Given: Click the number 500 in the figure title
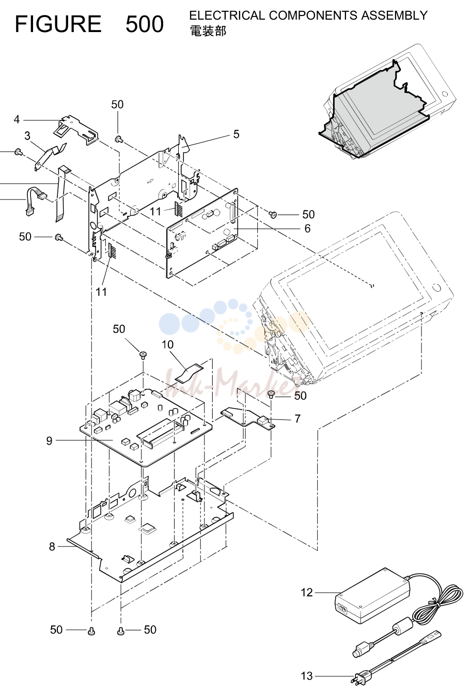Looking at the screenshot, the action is (145, 24).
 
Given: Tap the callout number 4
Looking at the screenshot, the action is (17, 119).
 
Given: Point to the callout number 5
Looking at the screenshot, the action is (236, 134).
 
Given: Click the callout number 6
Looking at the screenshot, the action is (307, 229).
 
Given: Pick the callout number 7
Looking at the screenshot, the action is (297, 419).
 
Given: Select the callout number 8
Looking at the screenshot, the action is (52, 547).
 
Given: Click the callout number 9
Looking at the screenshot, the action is (49, 441).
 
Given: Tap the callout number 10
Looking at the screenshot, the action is (168, 344).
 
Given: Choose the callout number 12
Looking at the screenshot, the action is (307, 593).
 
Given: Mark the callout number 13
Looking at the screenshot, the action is (307, 676).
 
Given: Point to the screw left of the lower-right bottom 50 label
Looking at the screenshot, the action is (121, 631).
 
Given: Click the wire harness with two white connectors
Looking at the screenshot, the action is (35, 201).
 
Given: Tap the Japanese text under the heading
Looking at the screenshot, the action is (208, 31).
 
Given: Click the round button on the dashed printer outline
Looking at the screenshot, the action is (436, 288).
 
